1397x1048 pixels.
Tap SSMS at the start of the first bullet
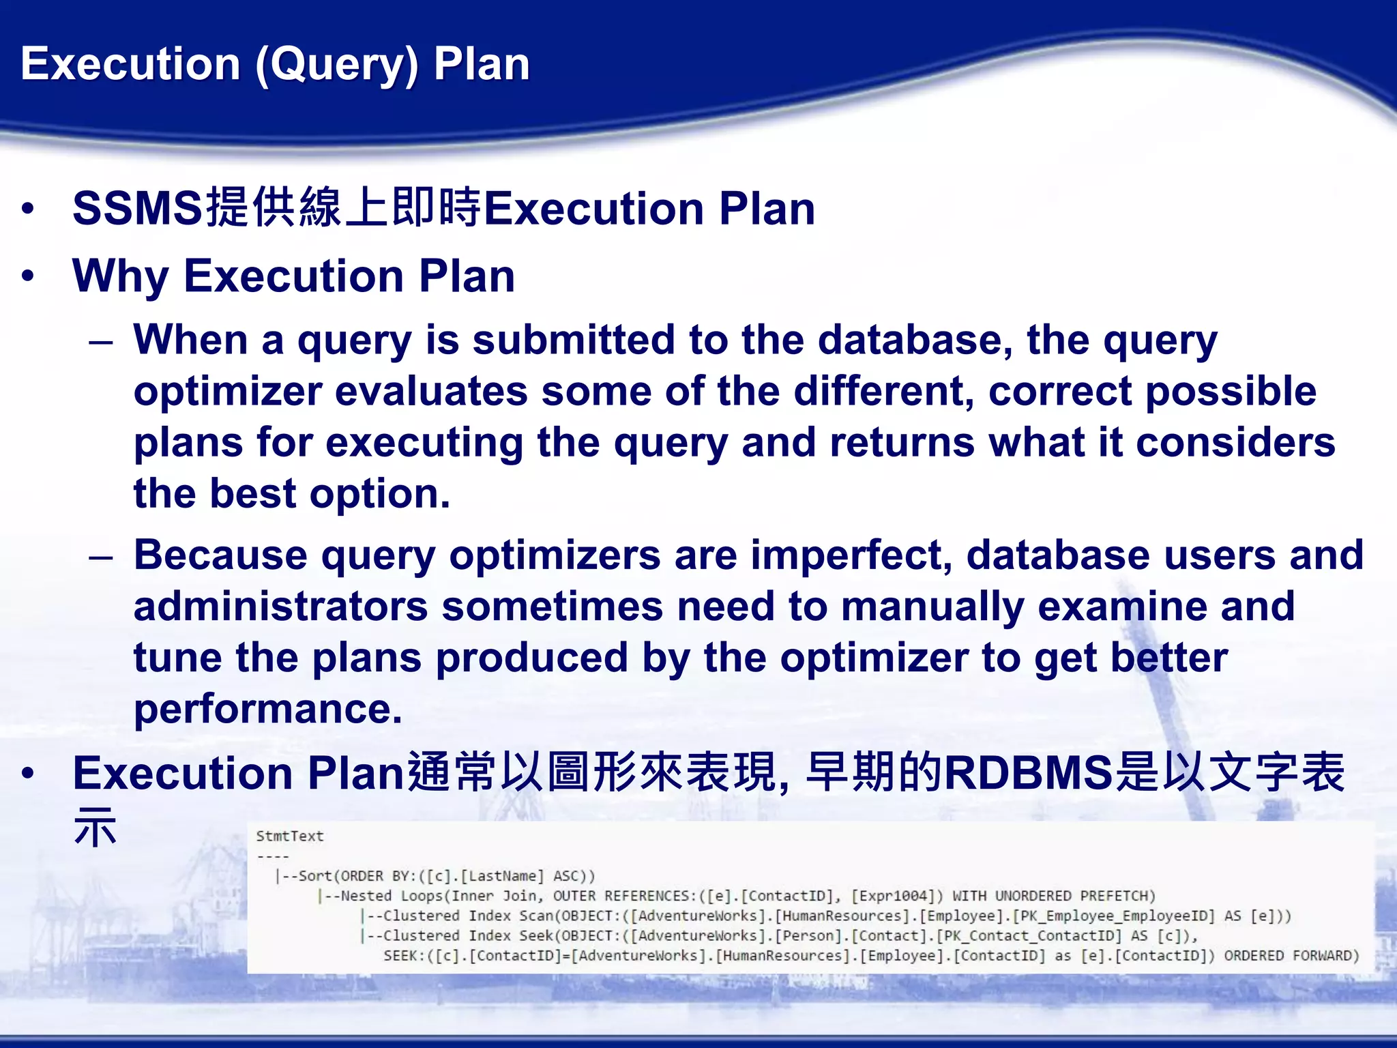coord(137,209)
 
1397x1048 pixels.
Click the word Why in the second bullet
coord(120,277)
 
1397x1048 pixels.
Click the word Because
coord(220,555)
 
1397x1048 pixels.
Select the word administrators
coord(280,606)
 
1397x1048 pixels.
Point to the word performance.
coord(267,709)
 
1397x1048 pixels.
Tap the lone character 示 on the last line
coord(95,827)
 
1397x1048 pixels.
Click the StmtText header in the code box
coord(289,836)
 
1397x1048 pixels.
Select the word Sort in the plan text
coord(315,876)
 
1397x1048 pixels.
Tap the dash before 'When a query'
coord(100,341)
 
